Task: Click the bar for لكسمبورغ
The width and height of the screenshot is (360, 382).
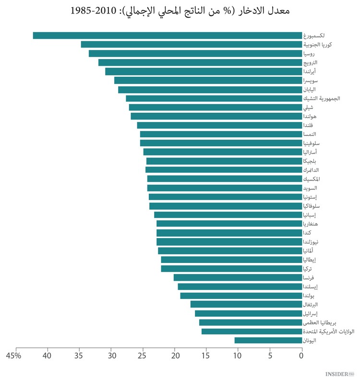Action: tap(167, 36)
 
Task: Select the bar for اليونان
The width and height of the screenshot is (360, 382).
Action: tap(268, 340)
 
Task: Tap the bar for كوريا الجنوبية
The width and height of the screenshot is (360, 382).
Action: tap(191, 45)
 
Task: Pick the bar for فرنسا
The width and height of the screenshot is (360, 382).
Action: tap(238, 277)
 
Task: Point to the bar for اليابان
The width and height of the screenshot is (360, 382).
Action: tap(210, 90)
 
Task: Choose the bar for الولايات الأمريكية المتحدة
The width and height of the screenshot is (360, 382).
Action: tap(252, 332)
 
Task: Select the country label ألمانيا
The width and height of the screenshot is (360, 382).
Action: tap(309, 251)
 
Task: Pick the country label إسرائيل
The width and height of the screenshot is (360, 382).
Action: tap(312, 314)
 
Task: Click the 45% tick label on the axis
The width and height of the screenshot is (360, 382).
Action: tap(13, 356)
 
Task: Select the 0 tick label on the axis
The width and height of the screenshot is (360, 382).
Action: tap(301, 356)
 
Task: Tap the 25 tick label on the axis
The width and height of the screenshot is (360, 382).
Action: tap(142, 356)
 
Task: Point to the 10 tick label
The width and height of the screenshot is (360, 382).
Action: tap(238, 356)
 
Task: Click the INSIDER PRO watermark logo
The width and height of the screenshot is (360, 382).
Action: tap(339, 373)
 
